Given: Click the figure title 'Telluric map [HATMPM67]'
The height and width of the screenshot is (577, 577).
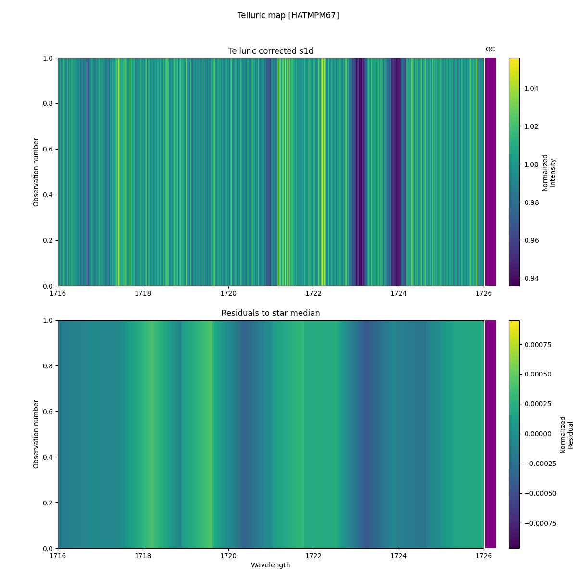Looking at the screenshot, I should pyautogui.click(x=288, y=15).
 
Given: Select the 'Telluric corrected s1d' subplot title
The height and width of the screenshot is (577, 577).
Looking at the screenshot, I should pyautogui.click(x=271, y=51).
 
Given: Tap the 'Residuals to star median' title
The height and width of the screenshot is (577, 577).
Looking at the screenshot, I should pyautogui.click(x=271, y=313).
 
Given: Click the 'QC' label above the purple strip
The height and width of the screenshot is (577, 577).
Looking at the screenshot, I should pyautogui.click(x=490, y=49).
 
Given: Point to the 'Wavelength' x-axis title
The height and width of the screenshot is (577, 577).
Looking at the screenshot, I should pyautogui.click(x=271, y=565).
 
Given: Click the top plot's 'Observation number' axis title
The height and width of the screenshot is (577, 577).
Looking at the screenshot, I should pyautogui.click(x=36, y=172).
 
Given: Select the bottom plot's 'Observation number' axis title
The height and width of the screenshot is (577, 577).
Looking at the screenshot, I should pyautogui.click(x=36, y=434).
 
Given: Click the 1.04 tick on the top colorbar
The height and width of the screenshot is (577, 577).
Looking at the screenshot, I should pyautogui.click(x=531, y=88).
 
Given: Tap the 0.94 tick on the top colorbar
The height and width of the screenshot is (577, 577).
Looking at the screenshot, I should pyautogui.click(x=531, y=278).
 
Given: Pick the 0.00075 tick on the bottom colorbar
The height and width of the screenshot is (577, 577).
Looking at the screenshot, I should pyautogui.click(x=538, y=345).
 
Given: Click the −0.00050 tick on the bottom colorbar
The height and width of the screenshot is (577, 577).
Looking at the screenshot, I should pyautogui.click(x=539, y=493).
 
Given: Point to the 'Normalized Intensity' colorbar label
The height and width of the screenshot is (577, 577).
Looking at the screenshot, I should pyautogui.click(x=549, y=172).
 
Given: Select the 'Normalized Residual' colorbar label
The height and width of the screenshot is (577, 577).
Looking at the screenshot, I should pyautogui.click(x=566, y=434).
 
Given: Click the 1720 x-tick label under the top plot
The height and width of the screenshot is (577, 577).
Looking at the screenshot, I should pyautogui.click(x=228, y=293).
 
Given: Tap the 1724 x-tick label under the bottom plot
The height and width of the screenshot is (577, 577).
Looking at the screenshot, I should pyautogui.click(x=398, y=556).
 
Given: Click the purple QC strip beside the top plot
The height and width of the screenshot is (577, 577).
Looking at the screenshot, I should pyautogui.click(x=490, y=172).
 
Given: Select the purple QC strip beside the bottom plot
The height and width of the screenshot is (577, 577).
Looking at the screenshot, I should pyautogui.click(x=490, y=434).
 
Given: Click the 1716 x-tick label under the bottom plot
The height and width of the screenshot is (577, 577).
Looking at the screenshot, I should pyautogui.click(x=58, y=556).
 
